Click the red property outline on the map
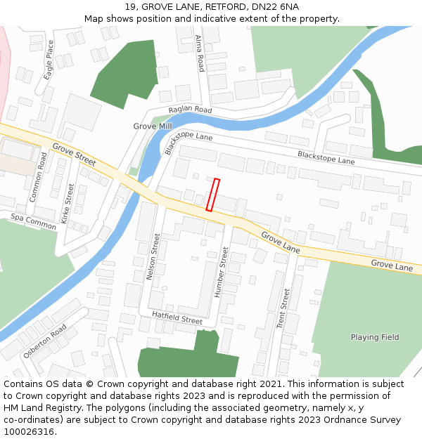pos(212,195)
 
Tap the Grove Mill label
pos(153,126)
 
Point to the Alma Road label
pos(200,53)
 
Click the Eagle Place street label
pos(49,59)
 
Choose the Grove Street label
pos(73,155)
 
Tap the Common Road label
pos(39,177)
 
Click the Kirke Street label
pos(68,204)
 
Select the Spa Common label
pos(33,222)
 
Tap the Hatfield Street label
pos(177,317)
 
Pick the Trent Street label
pos(283,308)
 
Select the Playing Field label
pos(375,337)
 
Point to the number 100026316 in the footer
pos(30,431)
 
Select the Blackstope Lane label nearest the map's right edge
pos(326,157)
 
